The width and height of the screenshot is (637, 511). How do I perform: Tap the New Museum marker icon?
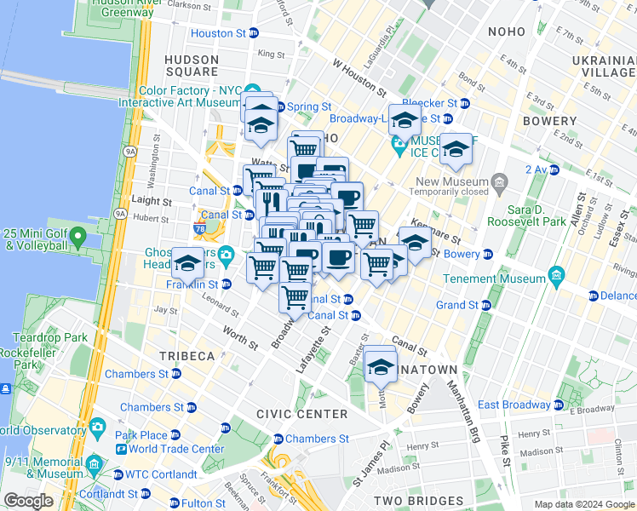[499, 181]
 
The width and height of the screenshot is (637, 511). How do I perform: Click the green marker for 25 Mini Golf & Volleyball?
[78, 234]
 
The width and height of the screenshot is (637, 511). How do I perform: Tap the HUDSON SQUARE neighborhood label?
[191, 66]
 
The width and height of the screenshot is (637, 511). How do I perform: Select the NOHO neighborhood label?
[507, 32]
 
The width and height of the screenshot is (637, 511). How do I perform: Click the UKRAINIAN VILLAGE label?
[602, 66]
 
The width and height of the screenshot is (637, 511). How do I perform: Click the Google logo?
[27, 501]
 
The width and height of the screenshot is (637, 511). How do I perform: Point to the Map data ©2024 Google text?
[584, 504]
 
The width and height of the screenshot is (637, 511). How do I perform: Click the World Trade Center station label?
[177, 449]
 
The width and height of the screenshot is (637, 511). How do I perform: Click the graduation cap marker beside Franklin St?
[187, 263]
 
